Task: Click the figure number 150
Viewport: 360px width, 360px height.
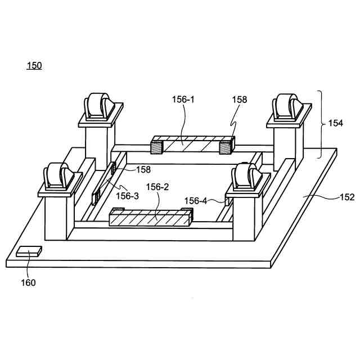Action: [34, 66]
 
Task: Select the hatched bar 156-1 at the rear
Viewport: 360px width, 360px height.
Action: [192, 145]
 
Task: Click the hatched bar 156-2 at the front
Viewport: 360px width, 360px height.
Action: [150, 218]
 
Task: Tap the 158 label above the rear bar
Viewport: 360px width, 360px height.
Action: [240, 100]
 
